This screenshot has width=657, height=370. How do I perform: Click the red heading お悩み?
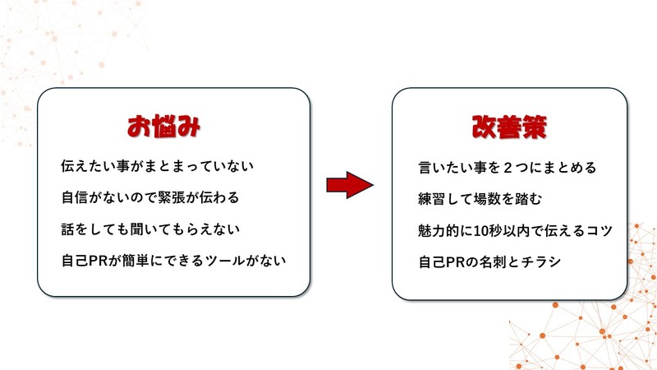[163, 127]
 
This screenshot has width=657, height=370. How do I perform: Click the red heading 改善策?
[509, 127]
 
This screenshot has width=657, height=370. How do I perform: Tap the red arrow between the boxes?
[350, 184]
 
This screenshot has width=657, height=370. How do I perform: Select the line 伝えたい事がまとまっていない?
[157, 166]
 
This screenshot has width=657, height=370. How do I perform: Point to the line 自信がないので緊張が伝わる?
[150, 197]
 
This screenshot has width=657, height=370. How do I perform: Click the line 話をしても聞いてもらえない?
[150, 229]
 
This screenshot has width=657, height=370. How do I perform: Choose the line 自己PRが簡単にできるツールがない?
[173, 261]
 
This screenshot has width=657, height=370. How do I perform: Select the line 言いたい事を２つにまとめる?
[507, 168]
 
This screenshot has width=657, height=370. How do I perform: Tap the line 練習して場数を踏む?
[480, 199]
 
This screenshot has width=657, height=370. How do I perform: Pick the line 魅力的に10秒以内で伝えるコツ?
[515, 230]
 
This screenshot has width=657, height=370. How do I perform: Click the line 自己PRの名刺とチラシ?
[489, 261]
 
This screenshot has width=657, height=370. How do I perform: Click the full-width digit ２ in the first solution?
[508, 168]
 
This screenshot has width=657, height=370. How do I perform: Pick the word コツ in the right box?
[600, 230]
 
